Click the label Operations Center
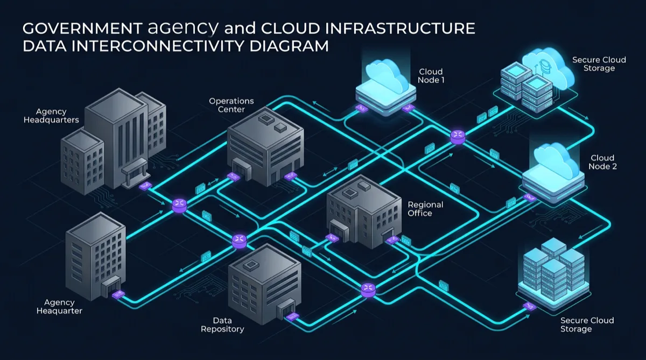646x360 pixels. (231, 105)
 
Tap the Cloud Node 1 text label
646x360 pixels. (431, 76)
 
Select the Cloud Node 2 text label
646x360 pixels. (602, 162)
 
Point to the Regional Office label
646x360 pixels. (425, 209)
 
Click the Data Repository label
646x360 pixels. (222, 324)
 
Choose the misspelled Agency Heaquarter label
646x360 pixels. (59, 307)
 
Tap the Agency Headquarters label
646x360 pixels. (51, 116)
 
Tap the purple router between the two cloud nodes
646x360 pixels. (458, 136)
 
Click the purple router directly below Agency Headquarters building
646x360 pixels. (179, 204)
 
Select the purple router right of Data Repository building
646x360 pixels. (368, 289)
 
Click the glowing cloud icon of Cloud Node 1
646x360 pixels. (386, 76)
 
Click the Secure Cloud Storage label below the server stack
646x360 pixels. (587, 324)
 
